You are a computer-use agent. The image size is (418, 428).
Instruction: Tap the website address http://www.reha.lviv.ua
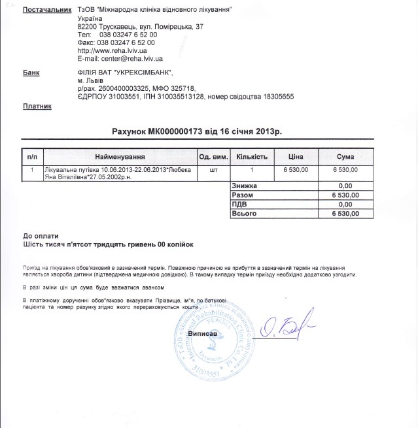[111, 50]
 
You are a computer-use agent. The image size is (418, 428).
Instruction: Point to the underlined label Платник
[37, 106]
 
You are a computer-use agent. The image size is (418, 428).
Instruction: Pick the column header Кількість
[252, 157]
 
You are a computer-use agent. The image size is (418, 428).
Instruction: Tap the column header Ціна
[296, 157]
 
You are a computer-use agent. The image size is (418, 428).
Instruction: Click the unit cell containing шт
[213, 169]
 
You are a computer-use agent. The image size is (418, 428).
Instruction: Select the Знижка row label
[245, 186]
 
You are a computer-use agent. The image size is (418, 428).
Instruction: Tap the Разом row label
[243, 195]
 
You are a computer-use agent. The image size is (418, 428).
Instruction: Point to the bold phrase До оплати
[41, 235]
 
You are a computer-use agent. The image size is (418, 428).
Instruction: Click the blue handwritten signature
[288, 329]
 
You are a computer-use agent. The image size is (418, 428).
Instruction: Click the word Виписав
[202, 334]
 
